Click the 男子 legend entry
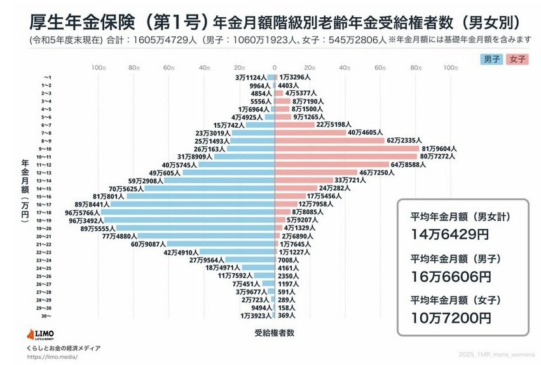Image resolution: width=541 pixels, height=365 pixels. click(x=491, y=59)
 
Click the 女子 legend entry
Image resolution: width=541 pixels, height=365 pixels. click(x=517, y=59)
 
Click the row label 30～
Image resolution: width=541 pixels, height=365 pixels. click(x=46, y=315)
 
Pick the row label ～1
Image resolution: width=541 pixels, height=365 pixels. click(x=46, y=77)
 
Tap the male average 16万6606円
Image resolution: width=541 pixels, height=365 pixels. click(x=450, y=277)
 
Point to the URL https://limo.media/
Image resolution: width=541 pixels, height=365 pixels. click(x=52, y=357)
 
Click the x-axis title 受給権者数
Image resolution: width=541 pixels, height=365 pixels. click(x=275, y=332)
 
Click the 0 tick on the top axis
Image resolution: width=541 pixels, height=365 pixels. click(x=275, y=67)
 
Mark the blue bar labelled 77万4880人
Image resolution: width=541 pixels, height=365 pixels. click(x=204, y=236)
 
